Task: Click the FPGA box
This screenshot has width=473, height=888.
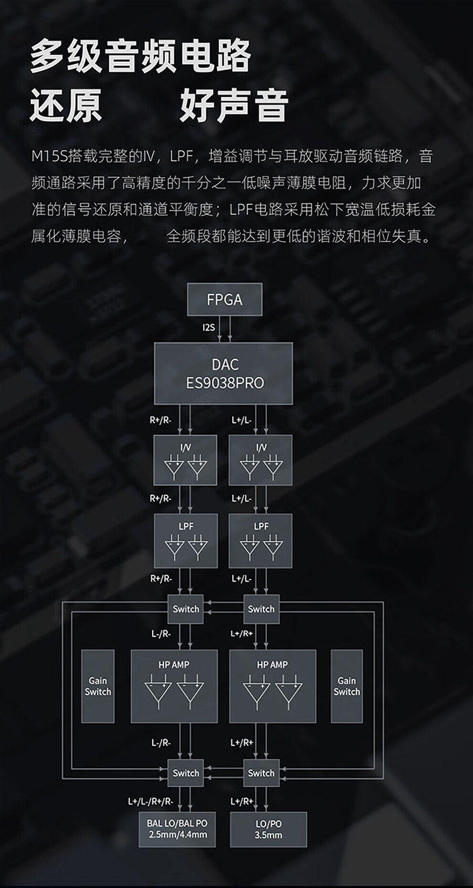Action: click(x=224, y=300)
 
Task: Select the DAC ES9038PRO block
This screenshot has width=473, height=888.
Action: click(x=224, y=373)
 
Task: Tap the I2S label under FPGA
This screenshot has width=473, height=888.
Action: click(x=208, y=328)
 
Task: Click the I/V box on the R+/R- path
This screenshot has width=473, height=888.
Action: click(x=185, y=460)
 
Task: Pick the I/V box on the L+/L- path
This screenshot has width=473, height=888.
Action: click(x=260, y=460)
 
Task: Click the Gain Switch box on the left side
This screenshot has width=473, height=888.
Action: click(x=98, y=686)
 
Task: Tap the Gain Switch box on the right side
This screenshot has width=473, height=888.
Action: click(x=347, y=686)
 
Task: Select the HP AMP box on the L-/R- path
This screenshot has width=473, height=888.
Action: click(x=174, y=686)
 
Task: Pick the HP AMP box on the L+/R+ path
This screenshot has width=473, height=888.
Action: click(x=272, y=686)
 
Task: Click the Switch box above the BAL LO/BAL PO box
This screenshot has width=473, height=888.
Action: click(x=185, y=773)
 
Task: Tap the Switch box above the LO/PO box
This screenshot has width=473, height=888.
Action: click(x=260, y=773)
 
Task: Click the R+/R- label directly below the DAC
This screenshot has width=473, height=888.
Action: click(x=161, y=419)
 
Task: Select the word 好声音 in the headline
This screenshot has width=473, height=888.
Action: click(x=234, y=105)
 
